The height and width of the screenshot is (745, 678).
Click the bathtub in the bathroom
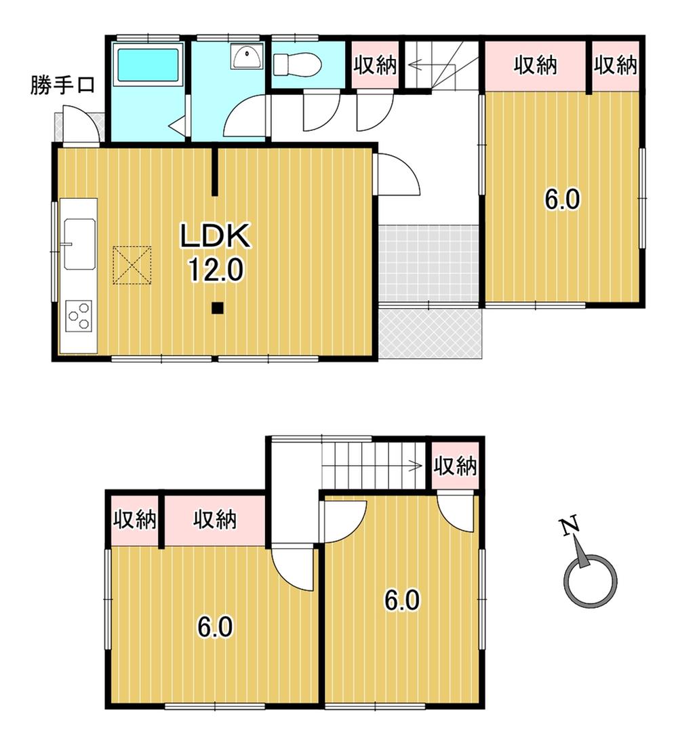pos(150,64)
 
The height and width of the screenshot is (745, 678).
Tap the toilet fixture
pos(297,64)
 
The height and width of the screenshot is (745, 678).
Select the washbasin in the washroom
pos(247,56)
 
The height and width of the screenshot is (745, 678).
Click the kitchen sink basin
pos(80,244)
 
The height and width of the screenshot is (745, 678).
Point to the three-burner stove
pos(79,316)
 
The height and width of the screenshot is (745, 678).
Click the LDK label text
pos(215,235)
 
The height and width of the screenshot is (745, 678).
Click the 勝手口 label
pos(62,85)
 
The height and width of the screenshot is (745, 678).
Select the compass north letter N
pos(570,526)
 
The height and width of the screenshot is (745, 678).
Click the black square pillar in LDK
pos(217,308)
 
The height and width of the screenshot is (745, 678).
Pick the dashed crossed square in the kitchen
pos(132,265)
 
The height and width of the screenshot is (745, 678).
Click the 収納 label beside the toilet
pos(375,65)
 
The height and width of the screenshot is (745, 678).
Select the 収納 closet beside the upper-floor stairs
pos(455,465)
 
